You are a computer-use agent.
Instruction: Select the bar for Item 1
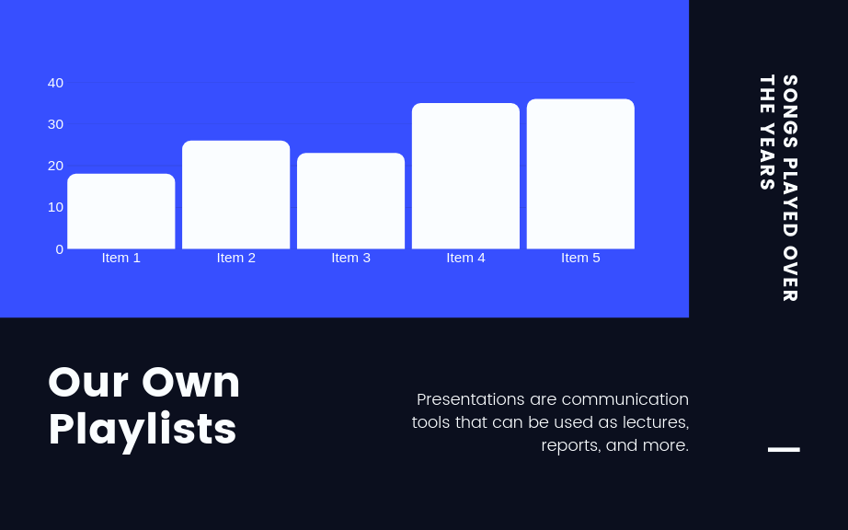point(120,212)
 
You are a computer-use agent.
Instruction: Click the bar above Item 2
point(235,195)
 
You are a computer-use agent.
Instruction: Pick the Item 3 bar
point(350,201)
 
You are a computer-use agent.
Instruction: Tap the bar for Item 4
point(465,176)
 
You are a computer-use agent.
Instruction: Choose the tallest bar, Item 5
point(580,174)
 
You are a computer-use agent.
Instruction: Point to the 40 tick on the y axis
point(55,83)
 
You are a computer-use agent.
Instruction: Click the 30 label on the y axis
point(55,124)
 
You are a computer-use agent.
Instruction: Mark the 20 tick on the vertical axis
point(55,166)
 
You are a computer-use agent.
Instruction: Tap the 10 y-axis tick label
point(55,207)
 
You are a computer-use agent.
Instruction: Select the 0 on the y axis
point(60,249)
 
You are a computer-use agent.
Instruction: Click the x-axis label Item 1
point(120,258)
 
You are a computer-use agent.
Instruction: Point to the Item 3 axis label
point(350,258)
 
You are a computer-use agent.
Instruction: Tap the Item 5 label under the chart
point(580,258)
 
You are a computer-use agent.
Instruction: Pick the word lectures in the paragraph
point(655,422)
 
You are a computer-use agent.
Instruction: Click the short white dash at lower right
point(784,449)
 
